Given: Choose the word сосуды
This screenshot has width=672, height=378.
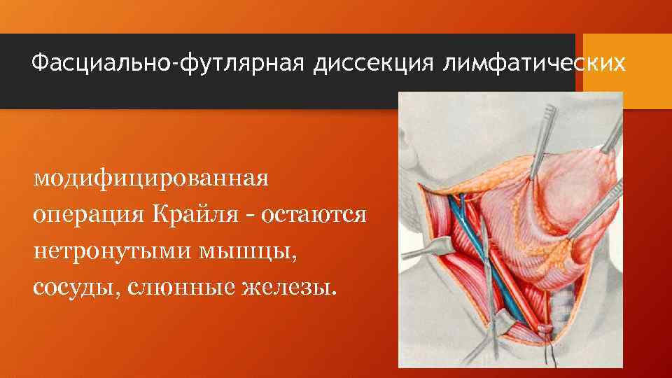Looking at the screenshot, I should [75, 287].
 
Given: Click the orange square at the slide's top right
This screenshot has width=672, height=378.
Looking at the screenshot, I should [627, 70].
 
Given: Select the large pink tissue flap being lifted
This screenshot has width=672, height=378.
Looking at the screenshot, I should [553, 210].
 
